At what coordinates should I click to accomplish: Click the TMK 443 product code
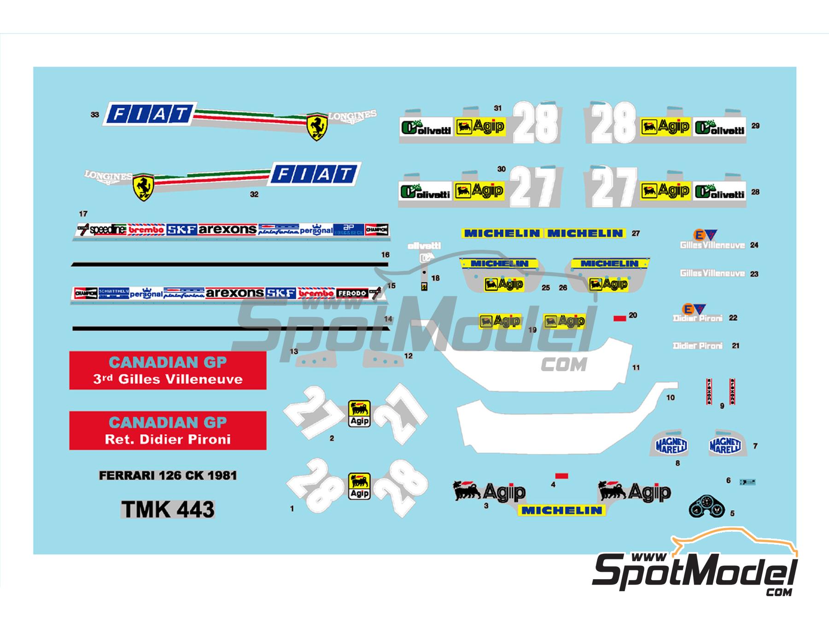coord(168,509)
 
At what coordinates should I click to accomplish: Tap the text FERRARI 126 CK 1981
coord(168,475)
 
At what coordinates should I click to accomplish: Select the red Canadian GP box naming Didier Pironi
coord(168,431)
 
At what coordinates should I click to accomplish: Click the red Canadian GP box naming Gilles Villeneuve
coord(168,370)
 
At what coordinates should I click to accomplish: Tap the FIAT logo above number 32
coord(316,174)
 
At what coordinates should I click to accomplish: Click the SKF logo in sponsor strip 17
coord(181,230)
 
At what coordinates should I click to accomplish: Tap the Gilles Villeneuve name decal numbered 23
coord(712,273)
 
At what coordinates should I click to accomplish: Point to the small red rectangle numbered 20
coord(620,318)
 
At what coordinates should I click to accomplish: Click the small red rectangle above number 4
coord(562,476)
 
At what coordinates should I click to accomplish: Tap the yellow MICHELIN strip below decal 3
coord(562,510)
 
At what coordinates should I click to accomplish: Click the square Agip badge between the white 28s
coord(359,486)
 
